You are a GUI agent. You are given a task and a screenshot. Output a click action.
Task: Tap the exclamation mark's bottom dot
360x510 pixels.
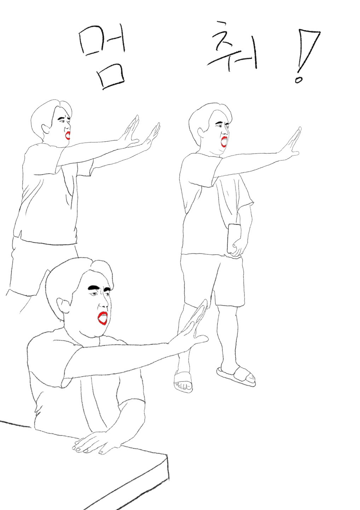tap(298, 80)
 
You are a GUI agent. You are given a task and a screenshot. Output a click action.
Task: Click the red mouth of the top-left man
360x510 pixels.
tap(68, 136)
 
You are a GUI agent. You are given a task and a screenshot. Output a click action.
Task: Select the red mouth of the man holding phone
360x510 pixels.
tap(224, 141)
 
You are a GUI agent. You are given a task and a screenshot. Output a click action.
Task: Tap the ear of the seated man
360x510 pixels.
tap(63, 305)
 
